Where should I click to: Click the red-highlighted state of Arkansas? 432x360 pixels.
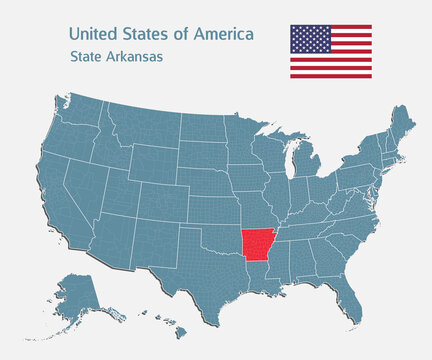(259, 243)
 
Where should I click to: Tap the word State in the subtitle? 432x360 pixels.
(86, 57)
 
